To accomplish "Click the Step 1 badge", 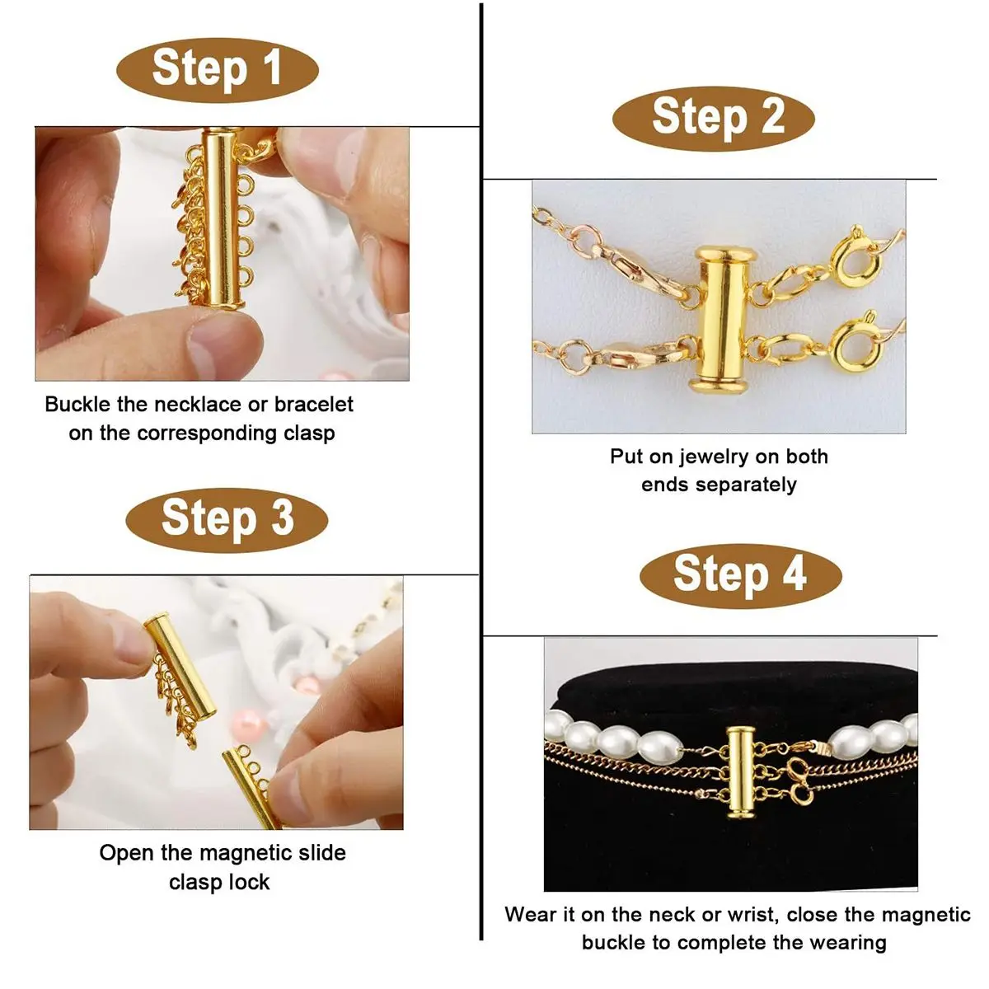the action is point(218,70).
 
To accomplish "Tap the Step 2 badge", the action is point(714,119).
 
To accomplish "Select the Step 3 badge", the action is point(227,520).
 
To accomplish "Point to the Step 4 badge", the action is point(741,576).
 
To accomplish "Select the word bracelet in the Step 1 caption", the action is point(313,405).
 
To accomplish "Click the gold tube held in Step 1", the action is point(222,219).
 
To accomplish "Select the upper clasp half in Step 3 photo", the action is point(180,666).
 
